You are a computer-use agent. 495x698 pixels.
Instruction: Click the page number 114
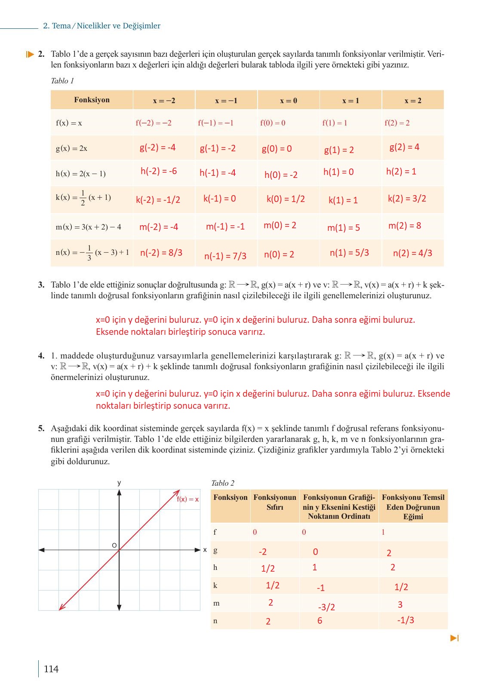tap(51, 669)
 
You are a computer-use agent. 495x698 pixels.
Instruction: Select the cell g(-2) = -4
tap(157, 147)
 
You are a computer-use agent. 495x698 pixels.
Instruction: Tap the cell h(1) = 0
tap(338, 172)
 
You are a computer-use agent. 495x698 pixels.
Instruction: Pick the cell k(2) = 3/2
tap(407, 199)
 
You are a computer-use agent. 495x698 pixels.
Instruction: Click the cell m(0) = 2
tap(280, 225)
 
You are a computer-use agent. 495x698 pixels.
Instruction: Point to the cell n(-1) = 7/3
tap(225, 256)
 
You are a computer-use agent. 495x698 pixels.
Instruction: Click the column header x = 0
tap(289, 101)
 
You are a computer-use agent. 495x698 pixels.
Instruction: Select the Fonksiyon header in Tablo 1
tap(92, 100)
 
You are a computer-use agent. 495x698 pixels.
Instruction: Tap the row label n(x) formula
tap(92, 253)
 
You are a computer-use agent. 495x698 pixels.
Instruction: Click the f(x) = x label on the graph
tap(188, 499)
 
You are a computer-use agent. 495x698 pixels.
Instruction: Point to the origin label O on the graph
tap(114, 545)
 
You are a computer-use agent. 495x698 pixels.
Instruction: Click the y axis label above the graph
tap(119, 483)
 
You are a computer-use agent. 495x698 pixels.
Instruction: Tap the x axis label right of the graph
tap(205, 550)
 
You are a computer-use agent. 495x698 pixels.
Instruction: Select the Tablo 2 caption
tap(223, 483)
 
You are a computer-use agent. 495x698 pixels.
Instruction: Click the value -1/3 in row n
tap(406, 620)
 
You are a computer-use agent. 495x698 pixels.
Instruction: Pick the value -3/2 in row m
tap(326, 607)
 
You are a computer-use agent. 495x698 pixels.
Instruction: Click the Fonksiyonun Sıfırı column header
tap(275, 502)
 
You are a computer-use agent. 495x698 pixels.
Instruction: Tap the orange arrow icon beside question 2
tap(30, 54)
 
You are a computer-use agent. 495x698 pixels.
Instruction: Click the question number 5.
tap(41, 428)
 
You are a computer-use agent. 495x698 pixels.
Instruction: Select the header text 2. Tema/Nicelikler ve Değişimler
tap(102, 26)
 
